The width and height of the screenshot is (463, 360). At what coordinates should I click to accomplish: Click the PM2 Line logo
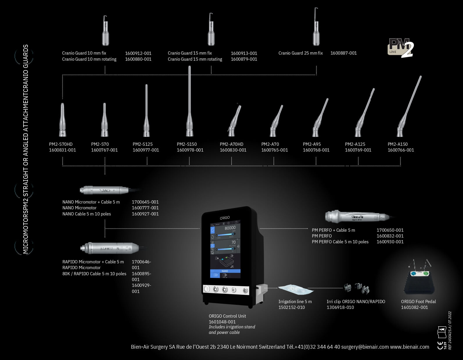(401, 47)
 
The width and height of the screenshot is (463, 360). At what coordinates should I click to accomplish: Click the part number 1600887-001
(344, 53)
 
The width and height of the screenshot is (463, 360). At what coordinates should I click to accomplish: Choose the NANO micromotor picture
(105, 190)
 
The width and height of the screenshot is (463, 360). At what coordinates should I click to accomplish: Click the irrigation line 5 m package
(296, 289)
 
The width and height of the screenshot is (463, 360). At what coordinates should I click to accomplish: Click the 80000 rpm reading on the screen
(230, 228)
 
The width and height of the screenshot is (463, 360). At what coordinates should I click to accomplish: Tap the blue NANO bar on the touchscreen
(225, 271)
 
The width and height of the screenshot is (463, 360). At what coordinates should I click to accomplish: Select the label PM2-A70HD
(231, 144)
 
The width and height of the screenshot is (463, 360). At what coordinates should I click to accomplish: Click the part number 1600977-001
(146, 150)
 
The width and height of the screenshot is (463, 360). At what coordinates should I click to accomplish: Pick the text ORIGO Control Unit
(227, 316)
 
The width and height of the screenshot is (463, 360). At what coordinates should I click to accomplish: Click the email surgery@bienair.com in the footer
(365, 347)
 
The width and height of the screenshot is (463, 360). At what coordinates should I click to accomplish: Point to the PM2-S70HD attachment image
(62, 120)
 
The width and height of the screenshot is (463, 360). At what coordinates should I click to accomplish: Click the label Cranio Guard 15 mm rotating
(195, 59)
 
